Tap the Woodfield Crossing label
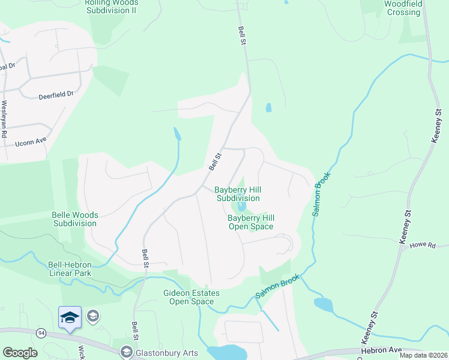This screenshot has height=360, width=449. point(403,8)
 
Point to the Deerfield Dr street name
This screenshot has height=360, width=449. point(56,94)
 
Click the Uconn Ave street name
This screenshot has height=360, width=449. point(31,142)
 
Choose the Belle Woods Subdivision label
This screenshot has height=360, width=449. point(75,219)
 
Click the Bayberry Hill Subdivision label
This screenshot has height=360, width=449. point(238,194)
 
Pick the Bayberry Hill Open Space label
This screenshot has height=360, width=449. point(250,222)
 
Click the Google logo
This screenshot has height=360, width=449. point(20,353)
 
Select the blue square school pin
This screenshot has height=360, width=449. point(70,317)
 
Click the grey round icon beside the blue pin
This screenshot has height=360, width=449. point(93,315)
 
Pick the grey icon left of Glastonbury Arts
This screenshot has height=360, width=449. point(127,351)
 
